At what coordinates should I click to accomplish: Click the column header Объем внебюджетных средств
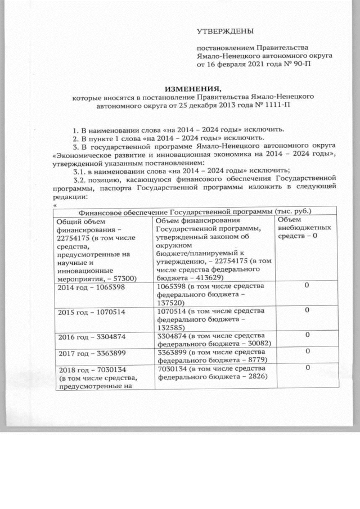coord(304,228)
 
